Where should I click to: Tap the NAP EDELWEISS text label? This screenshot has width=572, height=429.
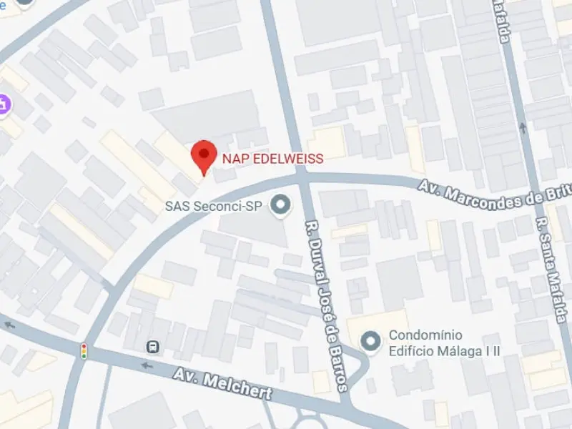[272, 158]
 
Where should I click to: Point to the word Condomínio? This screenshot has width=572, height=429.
[425, 335]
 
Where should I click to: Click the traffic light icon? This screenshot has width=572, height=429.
[84, 351]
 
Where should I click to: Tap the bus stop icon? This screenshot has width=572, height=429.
[153, 347]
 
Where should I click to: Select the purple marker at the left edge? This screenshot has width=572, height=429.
[4, 104]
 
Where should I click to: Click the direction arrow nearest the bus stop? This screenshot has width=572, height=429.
[147, 366]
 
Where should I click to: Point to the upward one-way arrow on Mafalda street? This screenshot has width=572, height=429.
[523, 129]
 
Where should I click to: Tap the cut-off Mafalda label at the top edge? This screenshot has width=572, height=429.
[503, 21]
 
